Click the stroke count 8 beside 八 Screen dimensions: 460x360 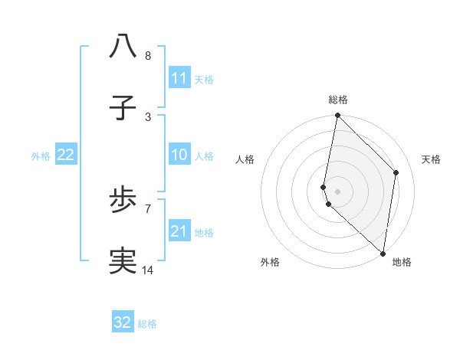pyautogui.click(x=148, y=56)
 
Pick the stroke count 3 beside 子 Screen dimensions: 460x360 pyautogui.click(x=148, y=116)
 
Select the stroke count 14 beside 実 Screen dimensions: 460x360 pyautogui.click(x=148, y=270)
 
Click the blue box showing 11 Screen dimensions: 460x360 pyautogui.click(x=179, y=78)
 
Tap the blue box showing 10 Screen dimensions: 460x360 pyautogui.click(x=179, y=155)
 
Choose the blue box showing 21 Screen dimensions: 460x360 pyautogui.click(x=179, y=231)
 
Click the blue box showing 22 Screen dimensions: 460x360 pyautogui.click(x=66, y=155)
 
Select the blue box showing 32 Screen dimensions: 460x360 pyautogui.click(x=123, y=322)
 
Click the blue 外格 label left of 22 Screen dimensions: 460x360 pyautogui.click(x=41, y=155)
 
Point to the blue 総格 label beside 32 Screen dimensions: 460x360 pyautogui.click(x=147, y=323)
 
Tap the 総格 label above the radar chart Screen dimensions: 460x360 pyautogui.click(x=338, y=100)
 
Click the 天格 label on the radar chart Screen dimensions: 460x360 pyautogui.click(x=431, y=159)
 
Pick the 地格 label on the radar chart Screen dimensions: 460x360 pyautogui.click(x=402, y=262)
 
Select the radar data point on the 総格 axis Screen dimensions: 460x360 pyautogui.click(x=338, y=115)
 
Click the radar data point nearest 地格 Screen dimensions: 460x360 pyautogui.click(x=383, y=253)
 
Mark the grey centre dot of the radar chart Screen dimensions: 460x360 pyautogui.click(x=338, y=191)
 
